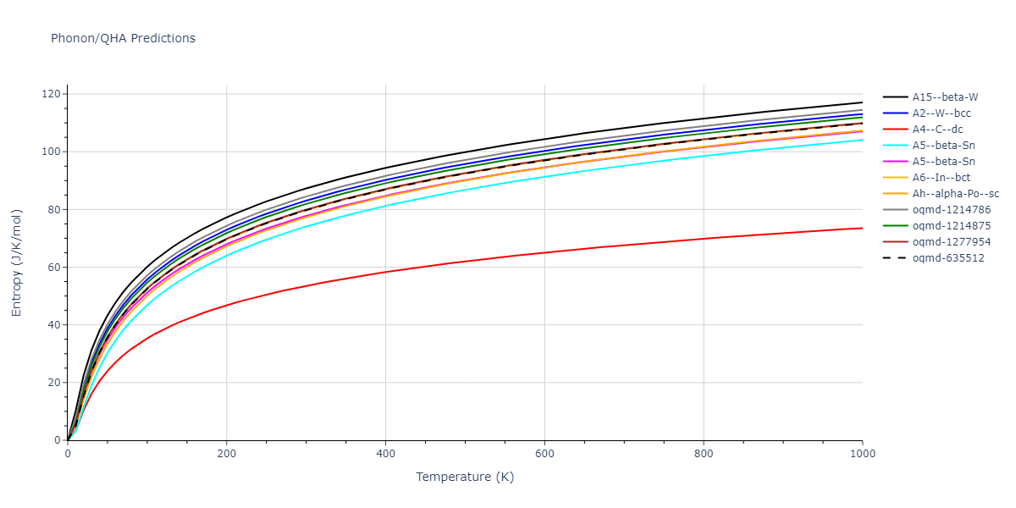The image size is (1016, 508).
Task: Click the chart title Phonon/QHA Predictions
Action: [x=123, y=38]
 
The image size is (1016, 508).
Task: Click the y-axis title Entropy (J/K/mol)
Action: [x=17, y=262]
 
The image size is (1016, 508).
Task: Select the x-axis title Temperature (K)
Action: [x=465, y=477]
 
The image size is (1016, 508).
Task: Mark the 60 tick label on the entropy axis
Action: [x=55, y=267]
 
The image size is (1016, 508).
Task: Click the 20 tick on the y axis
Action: [x=55, y=383]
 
